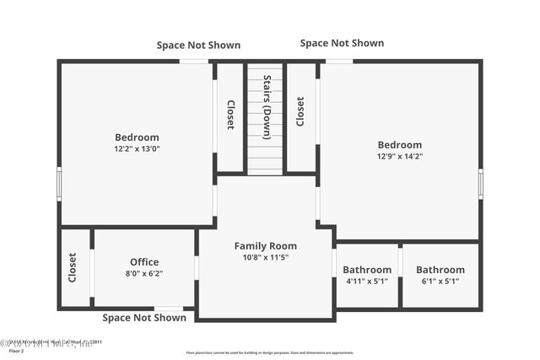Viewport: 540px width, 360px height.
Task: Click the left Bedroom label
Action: click(137, 137)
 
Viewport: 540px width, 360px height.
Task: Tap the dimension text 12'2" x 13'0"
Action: click(137, 148)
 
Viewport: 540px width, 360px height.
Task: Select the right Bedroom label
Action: click(399, 145)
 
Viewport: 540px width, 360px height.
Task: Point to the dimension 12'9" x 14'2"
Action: click(399, 156)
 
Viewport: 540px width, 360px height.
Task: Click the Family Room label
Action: click(265, 246)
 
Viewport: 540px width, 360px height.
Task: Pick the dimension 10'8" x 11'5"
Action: click(265, 257)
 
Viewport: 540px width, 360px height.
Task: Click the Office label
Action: click(144, 262)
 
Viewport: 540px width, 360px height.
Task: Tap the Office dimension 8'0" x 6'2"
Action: click(144, 273)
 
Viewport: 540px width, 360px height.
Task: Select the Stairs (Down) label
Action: click(267, 107)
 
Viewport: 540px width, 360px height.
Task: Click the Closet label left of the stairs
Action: click(230, 115)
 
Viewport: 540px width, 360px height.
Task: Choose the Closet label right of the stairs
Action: click(300, 111)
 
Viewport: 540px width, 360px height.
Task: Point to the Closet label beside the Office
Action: click(73, 267)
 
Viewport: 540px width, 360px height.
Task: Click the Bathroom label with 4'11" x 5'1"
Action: click(367, 270)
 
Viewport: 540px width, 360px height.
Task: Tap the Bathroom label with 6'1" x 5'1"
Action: click(440, 270)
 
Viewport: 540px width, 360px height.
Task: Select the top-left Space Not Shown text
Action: click(198, 46)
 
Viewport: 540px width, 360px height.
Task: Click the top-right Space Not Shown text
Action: click(342, 43)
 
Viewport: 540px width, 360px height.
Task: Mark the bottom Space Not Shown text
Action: click(144, 318)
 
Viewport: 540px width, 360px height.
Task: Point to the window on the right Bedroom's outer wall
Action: click(480, 183)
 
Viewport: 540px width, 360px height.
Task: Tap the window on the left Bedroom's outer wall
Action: click(59, 183)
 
